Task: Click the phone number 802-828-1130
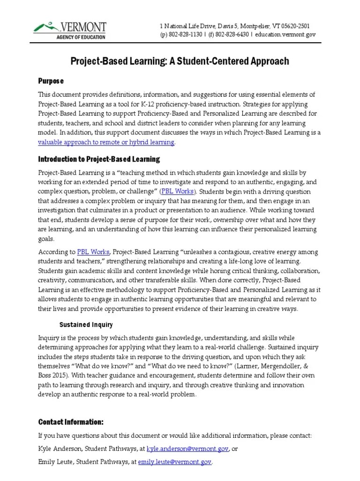187,35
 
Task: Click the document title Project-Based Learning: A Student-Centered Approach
180,61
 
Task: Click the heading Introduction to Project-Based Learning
99,159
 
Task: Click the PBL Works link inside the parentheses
180,192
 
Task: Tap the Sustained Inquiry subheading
86,325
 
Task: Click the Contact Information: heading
71,421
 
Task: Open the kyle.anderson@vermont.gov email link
188,449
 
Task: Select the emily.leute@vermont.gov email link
175,462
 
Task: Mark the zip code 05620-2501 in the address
291,26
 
